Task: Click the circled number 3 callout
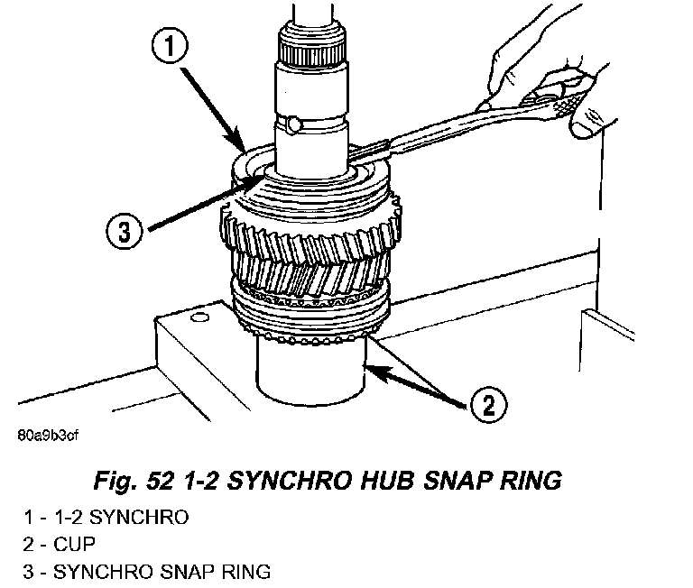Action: coord(125,232)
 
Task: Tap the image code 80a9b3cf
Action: coord(48,436)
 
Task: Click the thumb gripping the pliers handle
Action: coord(591,122)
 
